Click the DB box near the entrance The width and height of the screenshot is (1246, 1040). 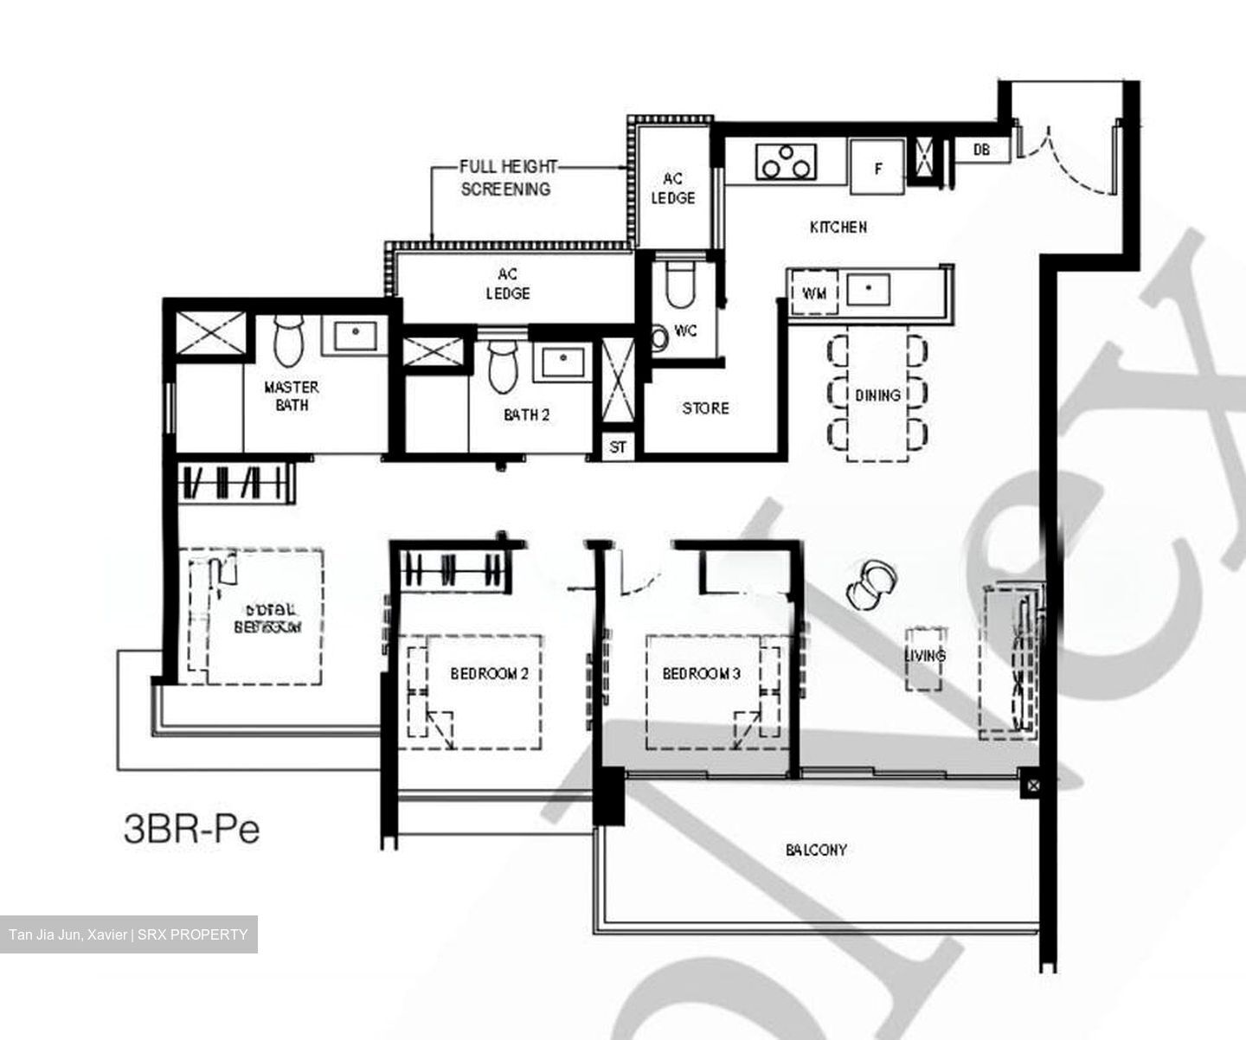pyautogui.click(x=981, y=150)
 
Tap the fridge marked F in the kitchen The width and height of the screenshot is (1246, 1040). pyautogui.click(x=877, y=167)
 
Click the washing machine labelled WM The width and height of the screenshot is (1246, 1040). pyautogui.click(x=814, y=293)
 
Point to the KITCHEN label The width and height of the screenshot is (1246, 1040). pyautogui.click(x=838, y=227)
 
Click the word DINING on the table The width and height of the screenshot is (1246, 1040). pyautogui.click(x=877, y=395)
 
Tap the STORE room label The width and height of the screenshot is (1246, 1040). pyautogui.click(x=705, y=408)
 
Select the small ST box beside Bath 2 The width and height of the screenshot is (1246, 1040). pyautogui.click(x=618, y=447)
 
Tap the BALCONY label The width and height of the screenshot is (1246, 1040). pyautogui.click(x=816, y=850)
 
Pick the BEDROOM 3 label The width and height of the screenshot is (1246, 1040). pyautogui.click(x=701, y=673)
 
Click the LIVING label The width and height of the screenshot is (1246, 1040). pyautogui.click(x=925, y=655)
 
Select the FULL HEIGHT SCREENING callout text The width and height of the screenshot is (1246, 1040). pyautogui.click(x=506, y=177)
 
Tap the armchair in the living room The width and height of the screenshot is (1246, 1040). pyautogui.click(x=872, y=583)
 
